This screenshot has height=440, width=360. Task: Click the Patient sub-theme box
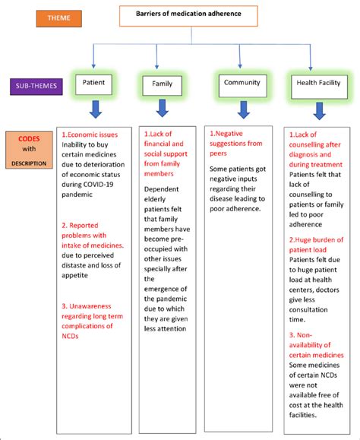point(94,83)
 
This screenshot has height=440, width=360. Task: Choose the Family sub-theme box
point(163,84)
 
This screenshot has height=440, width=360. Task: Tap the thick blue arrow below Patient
point(94,110)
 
